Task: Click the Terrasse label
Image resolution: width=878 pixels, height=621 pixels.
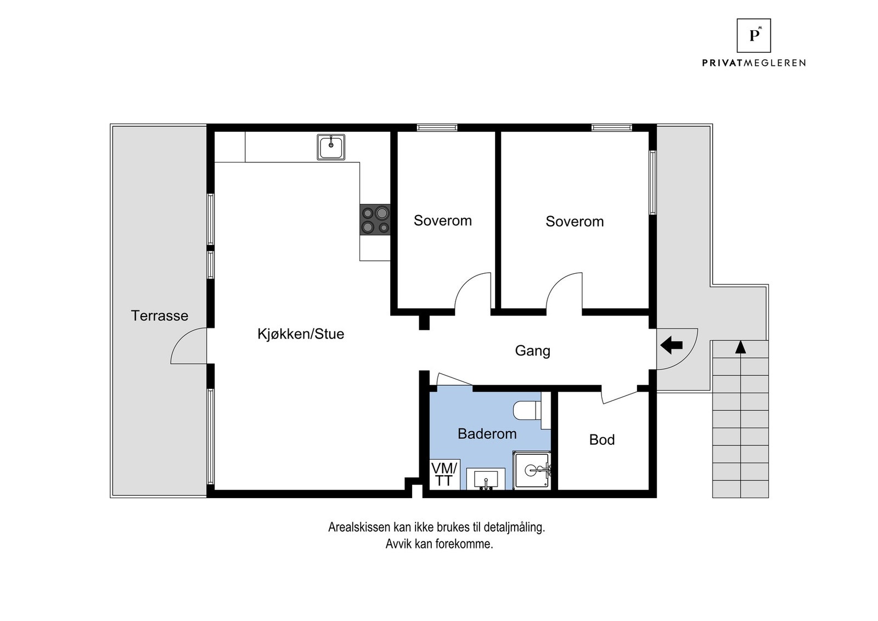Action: [x=160, y=316]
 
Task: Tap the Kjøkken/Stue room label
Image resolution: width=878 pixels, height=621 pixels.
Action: [x=301, y=334]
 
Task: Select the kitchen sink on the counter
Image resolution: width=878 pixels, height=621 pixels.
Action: [x=331, y=147]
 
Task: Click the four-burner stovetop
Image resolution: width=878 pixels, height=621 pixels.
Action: [x=375, y=220]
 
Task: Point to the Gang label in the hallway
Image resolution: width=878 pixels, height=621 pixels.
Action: [x=532, y=351]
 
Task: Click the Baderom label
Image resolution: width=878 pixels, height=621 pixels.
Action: [x=487, y=434]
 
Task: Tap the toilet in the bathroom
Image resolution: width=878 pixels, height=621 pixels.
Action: [x=527, y=410]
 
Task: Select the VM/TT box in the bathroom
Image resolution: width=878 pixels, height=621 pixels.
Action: [x=444, y=474]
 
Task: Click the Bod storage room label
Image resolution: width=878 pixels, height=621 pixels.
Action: [x=602, y=439]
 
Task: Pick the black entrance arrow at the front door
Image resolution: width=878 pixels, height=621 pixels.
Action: [x=672, y=345]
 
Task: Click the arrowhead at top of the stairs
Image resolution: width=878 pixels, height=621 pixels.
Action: [x=740, y=347]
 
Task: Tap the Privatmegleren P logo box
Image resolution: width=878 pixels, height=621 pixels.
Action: [x=754, y=36]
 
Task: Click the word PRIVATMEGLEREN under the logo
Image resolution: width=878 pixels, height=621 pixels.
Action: [x=754, y=63]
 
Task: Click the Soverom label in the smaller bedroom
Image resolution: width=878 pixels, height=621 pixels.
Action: [x=443, y=221]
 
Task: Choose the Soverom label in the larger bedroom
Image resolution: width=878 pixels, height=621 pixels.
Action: [x=575, y=222]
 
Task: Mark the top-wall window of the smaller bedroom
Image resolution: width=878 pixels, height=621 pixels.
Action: [x=437, y=127]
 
